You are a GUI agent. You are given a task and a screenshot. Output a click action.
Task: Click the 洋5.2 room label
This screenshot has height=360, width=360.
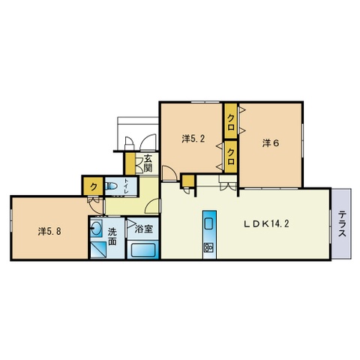click(x=193, y=139)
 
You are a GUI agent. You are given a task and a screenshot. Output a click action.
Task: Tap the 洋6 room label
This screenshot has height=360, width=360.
click(x=271, y=143)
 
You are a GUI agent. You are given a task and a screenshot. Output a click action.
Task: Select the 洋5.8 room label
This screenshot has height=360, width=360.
click(x=49, y=232)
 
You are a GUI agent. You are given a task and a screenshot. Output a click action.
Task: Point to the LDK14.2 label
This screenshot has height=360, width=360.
click(x=266, y=223)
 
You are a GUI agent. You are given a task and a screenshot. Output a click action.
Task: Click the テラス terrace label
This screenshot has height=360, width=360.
click(x=342, y=223)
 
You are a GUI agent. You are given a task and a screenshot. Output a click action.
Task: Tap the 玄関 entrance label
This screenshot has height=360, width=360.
click(x=148, y=163)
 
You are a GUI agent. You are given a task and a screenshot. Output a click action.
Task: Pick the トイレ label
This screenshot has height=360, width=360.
click(x=127, y=186)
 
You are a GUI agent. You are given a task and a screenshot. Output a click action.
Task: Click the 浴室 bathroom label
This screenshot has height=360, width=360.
click(x=144, y=229)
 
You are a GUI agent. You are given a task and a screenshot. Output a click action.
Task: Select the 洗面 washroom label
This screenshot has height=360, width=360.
click(x=112, y=236)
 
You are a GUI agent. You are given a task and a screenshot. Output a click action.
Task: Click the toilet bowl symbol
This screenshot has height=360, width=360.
click(x=111, y=186)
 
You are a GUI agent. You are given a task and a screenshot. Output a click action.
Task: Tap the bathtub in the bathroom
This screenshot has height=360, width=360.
click(x=142, y=250)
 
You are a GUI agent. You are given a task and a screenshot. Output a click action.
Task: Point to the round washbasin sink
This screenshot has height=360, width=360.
click(x=96, y=228)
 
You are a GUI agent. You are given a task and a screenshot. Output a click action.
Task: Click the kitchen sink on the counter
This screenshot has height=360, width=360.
click(x=208, y=223)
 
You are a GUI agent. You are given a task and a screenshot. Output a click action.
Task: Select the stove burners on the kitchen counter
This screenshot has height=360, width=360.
click(x=208, y=247)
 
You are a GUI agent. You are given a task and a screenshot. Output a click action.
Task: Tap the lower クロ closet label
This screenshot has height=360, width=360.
click(x=231, y=157)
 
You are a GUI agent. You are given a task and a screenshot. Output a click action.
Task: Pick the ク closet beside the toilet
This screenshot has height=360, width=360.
click(x=93, y=187)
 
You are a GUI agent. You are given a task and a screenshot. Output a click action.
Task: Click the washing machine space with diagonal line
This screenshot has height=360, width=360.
click(x=99, y=250)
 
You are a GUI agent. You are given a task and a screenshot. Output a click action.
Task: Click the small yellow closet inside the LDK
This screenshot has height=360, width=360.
click(x=188, y=181)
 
